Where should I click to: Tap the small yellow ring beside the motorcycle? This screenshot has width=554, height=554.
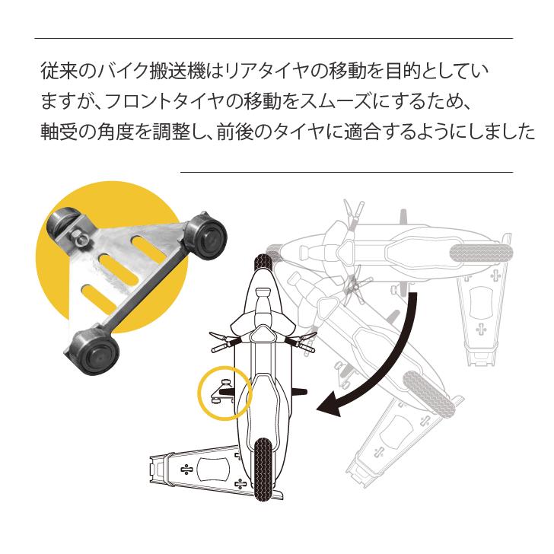[224, 393]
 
